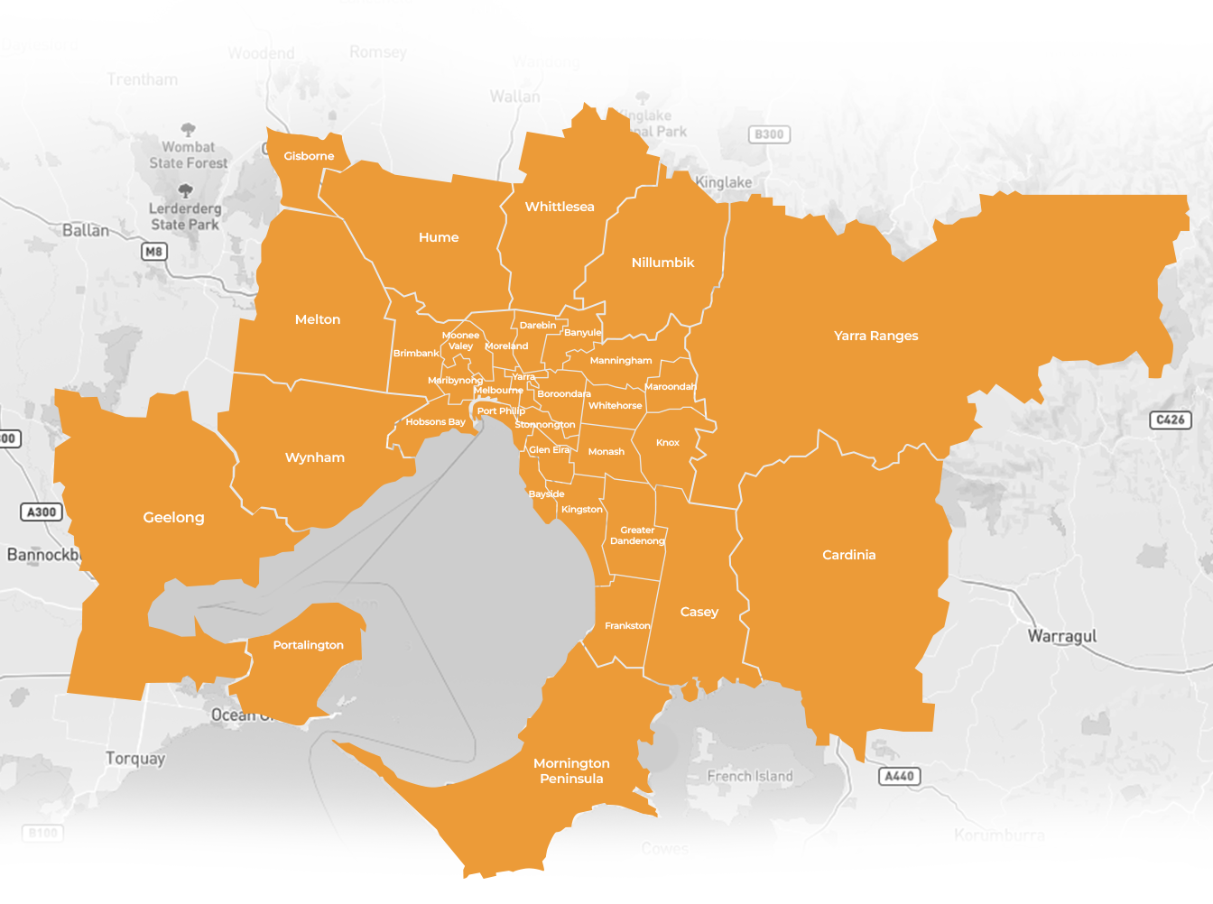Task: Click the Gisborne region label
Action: tap(309, 156)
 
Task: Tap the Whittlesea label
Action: tap(560, 207)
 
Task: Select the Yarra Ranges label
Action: tap(875, 336)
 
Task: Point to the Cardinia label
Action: tap(848, 555)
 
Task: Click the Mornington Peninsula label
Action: tap(571, 771)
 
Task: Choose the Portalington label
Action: tap(308, 645)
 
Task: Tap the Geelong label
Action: tap(173, 517)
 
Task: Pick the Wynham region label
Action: tap(315, 457)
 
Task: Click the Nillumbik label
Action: tap(662, 263)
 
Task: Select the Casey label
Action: tap(699, 612)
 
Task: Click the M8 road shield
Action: tap(154, 252)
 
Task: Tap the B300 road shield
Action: tap(769, 134)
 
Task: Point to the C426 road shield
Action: tap(1171, 420)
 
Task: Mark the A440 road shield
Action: tap(899, 776)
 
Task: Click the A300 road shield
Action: tap(42, 512)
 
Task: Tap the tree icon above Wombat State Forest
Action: tap(188, 130)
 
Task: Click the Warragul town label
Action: tap(1062, 636)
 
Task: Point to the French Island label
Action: tap(749, 776)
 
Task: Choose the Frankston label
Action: tap(627, 625)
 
